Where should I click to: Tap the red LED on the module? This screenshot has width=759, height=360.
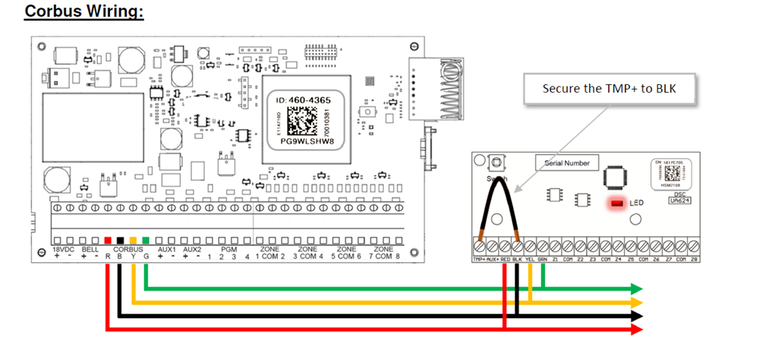coord(616,204)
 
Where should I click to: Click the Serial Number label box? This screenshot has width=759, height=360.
coord(567,162)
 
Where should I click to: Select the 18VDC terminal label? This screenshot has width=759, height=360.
coord(64,249)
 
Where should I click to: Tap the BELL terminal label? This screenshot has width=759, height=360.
coord(90,249)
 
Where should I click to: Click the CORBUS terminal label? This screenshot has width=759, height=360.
coord(127,249)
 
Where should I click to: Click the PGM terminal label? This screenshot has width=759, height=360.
coord(229,249)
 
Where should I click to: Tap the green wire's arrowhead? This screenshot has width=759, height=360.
coord(637,289)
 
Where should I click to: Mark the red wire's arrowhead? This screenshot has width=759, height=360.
coord(637,329)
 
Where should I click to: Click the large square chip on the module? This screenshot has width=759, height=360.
coord(616,177)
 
